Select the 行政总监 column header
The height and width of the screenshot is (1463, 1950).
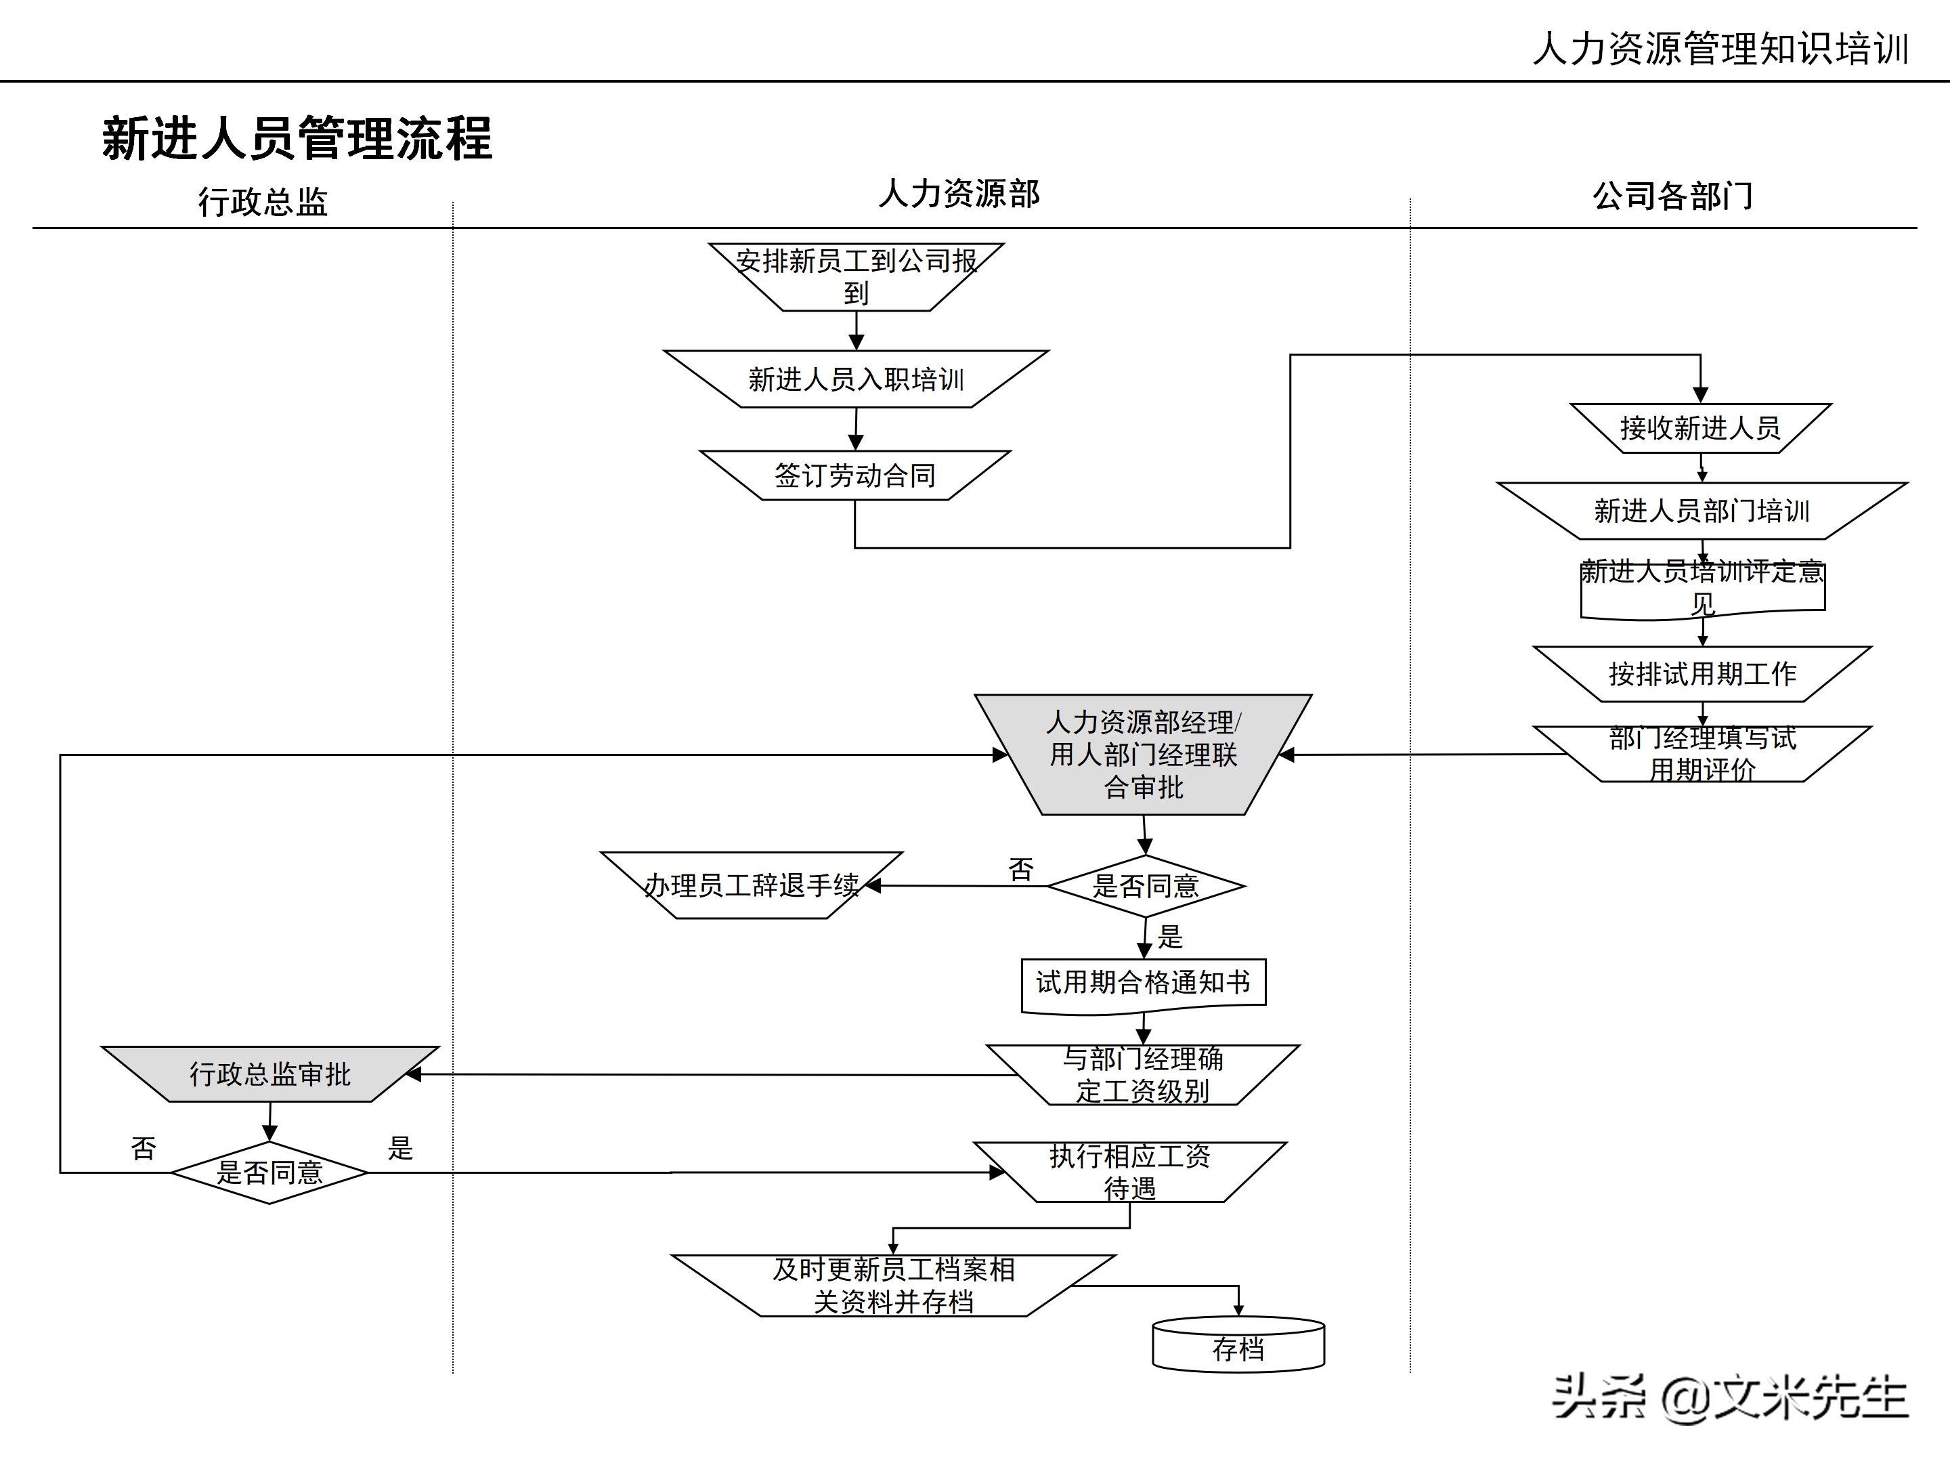coord(263,202)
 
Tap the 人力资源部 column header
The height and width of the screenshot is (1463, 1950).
coord(959,194)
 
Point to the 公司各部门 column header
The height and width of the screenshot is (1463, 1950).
coord(1672,196)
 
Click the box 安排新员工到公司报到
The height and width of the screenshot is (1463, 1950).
coord(856,277)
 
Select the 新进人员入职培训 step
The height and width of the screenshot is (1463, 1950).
coord(856,379)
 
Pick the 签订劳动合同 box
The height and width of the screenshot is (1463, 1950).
coord(855,475)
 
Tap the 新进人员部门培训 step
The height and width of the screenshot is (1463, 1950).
coord(1702,511)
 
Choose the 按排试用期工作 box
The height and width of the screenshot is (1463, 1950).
coord(1702,674)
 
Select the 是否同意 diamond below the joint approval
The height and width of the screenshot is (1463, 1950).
coord(1145,885)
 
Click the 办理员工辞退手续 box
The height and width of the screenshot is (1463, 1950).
coord(751,885)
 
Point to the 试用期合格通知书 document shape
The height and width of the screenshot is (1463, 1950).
coord(1144,983)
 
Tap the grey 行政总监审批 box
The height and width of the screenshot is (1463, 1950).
coord(269,1074)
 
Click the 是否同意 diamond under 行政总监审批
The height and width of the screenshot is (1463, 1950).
coord(269,1172)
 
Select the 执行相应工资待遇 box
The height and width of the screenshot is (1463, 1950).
coord(1130,1172)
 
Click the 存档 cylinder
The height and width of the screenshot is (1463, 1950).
coord(1238,1346)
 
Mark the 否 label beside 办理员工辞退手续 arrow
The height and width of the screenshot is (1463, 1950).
coord(1021,870)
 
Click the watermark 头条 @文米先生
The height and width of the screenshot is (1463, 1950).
coord(1730,1397)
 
